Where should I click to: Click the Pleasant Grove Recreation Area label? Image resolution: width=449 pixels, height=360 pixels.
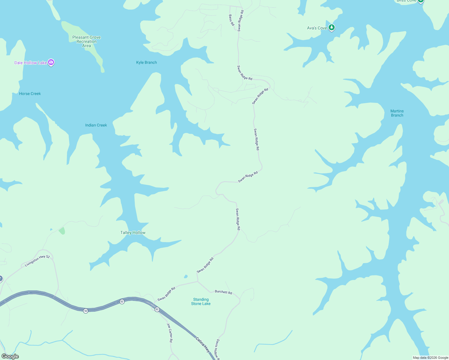pos(86,41)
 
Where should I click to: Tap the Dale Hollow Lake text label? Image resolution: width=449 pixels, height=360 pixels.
pos(30,63)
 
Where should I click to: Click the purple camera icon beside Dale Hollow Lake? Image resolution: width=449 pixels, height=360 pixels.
pos(51,62)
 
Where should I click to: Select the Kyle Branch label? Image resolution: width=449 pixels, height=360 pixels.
pos(146,62)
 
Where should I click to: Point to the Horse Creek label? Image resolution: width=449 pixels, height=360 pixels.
pos(30,94)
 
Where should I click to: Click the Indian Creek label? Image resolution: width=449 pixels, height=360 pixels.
pos(96,125)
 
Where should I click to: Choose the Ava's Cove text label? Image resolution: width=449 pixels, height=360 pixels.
pos(317,28)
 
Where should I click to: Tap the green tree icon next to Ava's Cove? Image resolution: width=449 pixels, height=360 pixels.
pos(331,28)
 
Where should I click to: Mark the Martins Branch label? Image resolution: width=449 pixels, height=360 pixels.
pos(397,113)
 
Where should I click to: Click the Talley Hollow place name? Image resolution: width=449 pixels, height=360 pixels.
pos(133,232)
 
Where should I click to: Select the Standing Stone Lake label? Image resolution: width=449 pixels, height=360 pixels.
pos(201,301)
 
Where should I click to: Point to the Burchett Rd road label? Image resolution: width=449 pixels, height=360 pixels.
pos(223,292)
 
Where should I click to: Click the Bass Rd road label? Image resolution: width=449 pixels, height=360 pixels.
pos(231,20)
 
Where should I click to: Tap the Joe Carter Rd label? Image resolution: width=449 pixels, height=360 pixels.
pos(170,333)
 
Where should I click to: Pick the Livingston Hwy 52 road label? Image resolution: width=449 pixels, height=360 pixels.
pos(37,261)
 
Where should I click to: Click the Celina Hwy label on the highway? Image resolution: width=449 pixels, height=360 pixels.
pos(203,344)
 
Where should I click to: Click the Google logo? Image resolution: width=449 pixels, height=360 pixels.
pos(10,356)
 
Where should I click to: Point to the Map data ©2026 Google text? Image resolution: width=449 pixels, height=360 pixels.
pos(430,358)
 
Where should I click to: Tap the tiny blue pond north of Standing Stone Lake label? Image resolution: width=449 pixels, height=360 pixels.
pos(186,276)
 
